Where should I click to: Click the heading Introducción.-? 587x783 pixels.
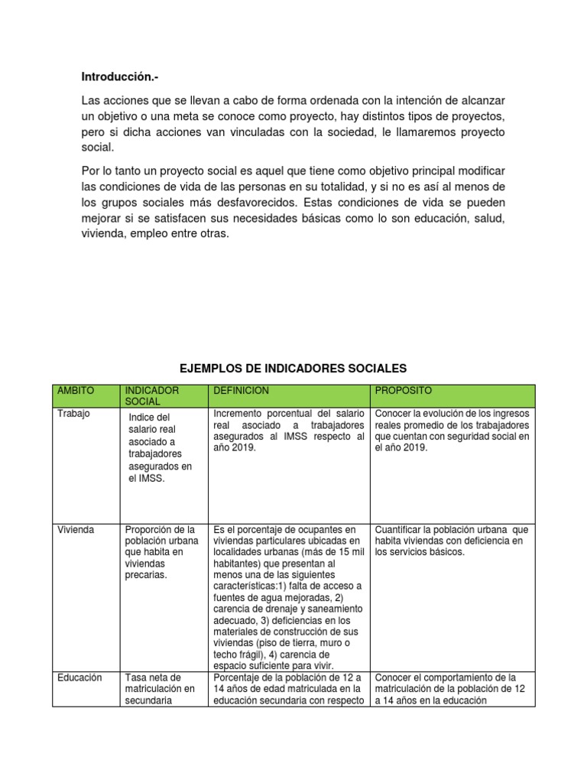click(x=122, y=77)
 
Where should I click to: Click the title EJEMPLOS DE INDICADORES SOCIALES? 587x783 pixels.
click(x=293, y=368)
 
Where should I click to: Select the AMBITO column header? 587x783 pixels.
click(x=76, y=391)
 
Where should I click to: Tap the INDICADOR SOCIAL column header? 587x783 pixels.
click(x=151, y=395)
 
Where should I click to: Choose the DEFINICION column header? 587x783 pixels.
click(x=242, y=391)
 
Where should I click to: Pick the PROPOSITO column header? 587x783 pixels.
click(x=403, y=391)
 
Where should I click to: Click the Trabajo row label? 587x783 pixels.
click(x=73, y=414)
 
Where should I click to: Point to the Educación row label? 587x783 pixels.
click(x=79, y=677)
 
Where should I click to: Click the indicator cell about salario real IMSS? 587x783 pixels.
click(x=161, y=447)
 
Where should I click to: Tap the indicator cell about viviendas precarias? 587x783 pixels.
click(x=160, y=553)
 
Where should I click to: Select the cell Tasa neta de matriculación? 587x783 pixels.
click(x=161, y=689)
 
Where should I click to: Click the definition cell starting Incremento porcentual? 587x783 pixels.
click(x=288, y=430)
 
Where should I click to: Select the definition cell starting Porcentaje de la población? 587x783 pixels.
click(x=288, y=689)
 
